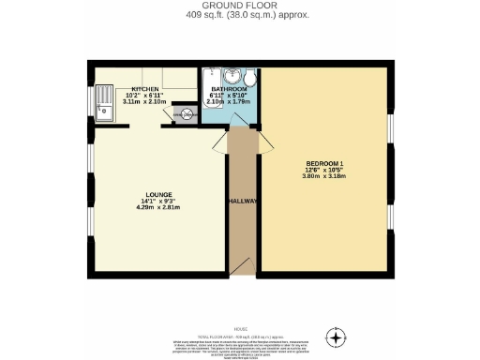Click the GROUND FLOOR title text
point(240,6)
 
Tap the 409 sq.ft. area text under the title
point(240,15)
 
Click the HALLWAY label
point(241,202)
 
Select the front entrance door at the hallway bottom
point(241,266)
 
